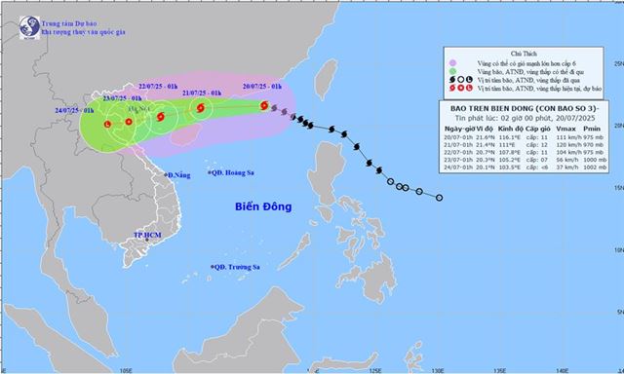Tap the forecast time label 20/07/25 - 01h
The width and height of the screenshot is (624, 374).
tap(262, 88)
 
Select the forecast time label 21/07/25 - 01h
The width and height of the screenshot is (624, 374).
tap(204, 92)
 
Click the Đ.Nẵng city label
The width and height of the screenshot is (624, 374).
tap(176, 175)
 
